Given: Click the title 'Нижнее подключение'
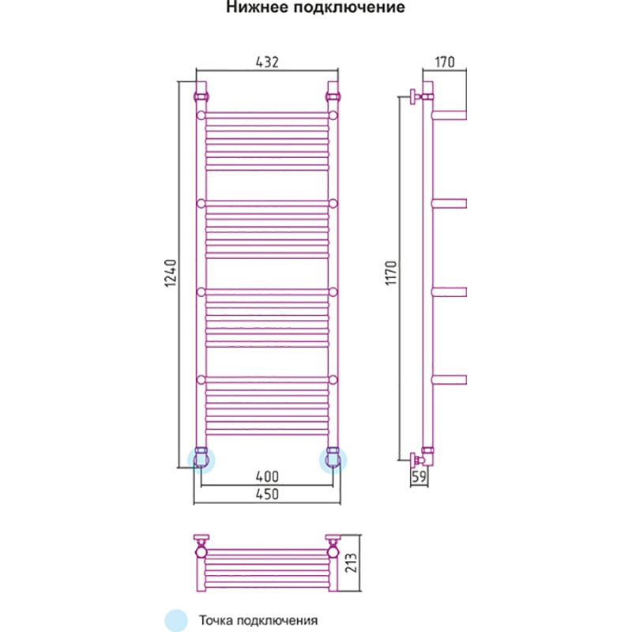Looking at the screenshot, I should pyautogui.click(x=316, y=9).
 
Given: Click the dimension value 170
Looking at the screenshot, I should pyautogui.click(x=444, y=63).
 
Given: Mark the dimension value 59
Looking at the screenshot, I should pyautogui.click(x=419, y=477).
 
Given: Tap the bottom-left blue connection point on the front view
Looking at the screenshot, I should pyautogui.click(x=201, y=457).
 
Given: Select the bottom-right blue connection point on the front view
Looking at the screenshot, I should pyautogui.click(x=333, y=457).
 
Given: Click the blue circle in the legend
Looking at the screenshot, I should pyautogui.click(x=175, y=619).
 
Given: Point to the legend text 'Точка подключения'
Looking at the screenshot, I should pyautogui.click(x=258, y=619).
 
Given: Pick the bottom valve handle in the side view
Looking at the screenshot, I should pyautogui.click(x=415, y=457).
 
